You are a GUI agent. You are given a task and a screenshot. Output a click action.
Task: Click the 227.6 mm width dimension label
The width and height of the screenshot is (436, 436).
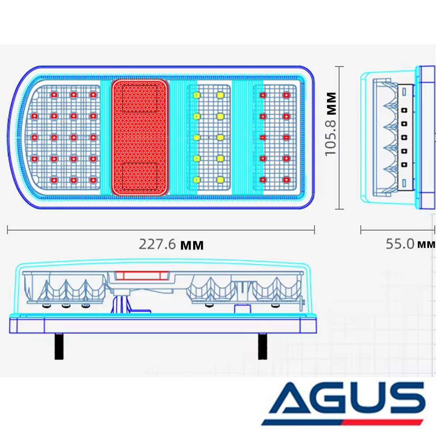pyautogui.click(x=171, y=245)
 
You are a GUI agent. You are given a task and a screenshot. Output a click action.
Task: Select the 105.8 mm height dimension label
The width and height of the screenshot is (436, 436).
pyautogui.click(x=331, y=124)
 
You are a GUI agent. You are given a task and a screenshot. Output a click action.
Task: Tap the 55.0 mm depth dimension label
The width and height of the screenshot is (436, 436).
pyautogui.click(x=410, y=244)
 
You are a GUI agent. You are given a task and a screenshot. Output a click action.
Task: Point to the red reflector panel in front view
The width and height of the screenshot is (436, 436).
pyautogui.click(x=140, y=138)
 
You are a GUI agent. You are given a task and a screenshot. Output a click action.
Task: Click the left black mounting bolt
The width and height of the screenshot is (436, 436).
pyautogui.click(x=59, y=346)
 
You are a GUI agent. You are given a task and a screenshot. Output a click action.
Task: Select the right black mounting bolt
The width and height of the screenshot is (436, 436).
pyautogui.click(x=262, y=346)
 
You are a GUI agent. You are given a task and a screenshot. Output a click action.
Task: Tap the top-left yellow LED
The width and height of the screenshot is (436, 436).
pyautogui.click(x=197, y=95)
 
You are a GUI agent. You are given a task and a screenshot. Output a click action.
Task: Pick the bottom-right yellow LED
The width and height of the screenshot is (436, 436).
pyautogui.click(x=220, y=180)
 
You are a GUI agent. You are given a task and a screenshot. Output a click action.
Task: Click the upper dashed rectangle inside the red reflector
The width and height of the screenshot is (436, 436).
pyautogui.click(x=140, y=98)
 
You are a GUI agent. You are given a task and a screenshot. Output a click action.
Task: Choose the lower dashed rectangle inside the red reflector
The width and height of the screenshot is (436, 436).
pyautogui.click(x=140, y=176)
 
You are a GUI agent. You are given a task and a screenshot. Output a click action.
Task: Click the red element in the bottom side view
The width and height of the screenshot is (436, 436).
pyautogui.click(x=142, y=276)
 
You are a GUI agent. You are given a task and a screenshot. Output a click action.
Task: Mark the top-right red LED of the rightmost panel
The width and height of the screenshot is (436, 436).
pyautogui.click(x=286, y=95)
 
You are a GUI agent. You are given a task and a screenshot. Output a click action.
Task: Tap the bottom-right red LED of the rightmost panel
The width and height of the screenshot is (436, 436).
pyautogui.click(x=286, y=180)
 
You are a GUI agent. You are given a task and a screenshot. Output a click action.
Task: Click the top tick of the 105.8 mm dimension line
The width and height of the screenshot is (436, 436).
pyautogui.click(x=339, y=67)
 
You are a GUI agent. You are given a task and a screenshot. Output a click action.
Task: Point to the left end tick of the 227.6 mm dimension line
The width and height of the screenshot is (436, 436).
pyautogui.click(x=7, y=230)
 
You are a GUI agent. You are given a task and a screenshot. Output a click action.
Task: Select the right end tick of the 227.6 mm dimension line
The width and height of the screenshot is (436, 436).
pyautogui.click(x=314, y=230)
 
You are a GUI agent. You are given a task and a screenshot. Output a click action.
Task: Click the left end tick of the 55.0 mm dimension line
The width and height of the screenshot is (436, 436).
pyautogui.click(x=361, y=230)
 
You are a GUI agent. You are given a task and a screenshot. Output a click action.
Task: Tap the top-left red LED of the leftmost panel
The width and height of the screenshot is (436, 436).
pyautogui.click(x=54, y=95)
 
